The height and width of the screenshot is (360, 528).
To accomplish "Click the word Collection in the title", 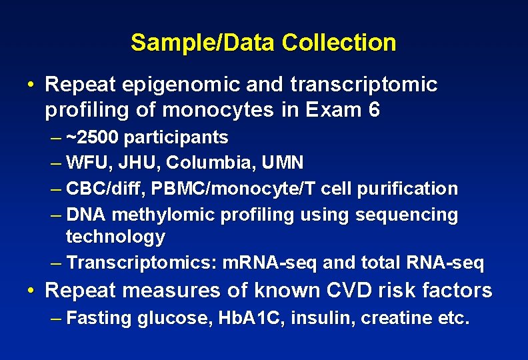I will point(339,43).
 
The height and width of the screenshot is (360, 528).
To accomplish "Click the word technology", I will point(115,237).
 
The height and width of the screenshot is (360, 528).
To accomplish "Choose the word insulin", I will point(311,319).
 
